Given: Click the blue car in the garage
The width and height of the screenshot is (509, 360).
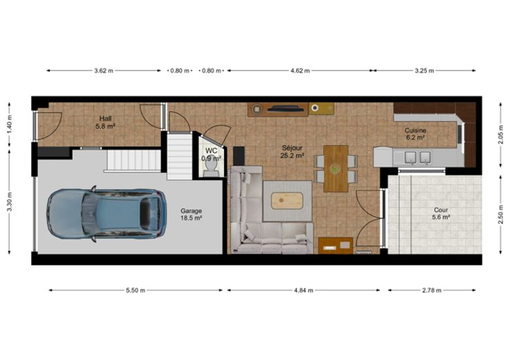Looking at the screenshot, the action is click(107, 214).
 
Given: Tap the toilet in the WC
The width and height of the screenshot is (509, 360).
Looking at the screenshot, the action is click(212, 169).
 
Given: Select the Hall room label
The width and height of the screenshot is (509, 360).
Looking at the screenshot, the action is click(106, 122).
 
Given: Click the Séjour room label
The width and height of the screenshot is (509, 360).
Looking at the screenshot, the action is click(292, 152).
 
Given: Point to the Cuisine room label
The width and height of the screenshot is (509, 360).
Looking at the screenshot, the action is click(415, 133).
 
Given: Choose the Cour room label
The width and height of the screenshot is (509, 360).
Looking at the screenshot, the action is click(441, 214).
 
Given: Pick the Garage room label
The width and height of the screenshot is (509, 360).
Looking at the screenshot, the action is click(191, 214).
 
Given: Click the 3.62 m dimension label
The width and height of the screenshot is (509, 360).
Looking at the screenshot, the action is click(104, 70).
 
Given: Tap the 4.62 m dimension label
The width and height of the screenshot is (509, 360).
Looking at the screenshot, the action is click(300, 70).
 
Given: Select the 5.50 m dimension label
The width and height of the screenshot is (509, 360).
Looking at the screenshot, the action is click(136, 290).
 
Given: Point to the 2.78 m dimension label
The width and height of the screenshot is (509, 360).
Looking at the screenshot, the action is click(432, 290).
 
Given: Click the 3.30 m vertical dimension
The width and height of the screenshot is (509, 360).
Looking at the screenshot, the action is click(10, 202).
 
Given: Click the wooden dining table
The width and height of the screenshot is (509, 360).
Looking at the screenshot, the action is click(336, 169).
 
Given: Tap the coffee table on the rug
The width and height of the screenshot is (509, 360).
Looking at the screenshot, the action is click(287, 201).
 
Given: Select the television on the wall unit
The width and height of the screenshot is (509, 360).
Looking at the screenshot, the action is click(286, 109).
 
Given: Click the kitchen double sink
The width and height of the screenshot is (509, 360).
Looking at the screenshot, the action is click(418, 158).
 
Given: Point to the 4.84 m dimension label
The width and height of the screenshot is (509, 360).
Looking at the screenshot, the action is click(304, 290).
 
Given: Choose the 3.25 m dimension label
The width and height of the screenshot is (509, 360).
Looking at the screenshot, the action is click(424, 70).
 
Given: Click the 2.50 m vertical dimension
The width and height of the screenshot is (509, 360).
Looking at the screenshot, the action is click(501, 214).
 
